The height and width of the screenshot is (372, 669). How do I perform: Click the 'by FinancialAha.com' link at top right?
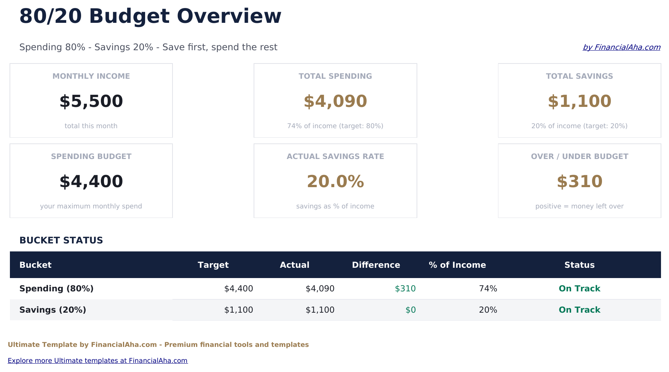621,47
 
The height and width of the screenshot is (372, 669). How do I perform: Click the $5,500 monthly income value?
91,101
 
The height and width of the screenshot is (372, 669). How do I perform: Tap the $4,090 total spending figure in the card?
335,101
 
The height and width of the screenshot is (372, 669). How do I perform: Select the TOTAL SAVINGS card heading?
579,76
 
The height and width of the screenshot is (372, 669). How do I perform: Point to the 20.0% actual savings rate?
335,181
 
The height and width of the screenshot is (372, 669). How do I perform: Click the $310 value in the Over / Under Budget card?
579,181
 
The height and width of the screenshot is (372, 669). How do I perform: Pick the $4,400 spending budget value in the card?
91,181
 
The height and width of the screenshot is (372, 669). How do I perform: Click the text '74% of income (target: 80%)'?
335,126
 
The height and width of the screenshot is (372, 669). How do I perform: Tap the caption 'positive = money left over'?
579,206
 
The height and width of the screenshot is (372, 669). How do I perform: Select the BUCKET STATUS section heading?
61,240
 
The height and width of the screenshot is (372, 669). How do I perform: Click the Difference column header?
376,265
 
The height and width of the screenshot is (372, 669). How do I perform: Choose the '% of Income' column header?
457,265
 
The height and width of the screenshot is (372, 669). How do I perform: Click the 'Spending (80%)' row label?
56,289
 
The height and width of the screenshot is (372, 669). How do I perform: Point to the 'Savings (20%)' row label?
53,310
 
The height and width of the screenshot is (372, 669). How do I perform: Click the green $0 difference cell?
410,310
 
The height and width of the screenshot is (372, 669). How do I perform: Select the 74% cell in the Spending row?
488,289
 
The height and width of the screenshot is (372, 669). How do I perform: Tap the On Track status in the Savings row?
579,310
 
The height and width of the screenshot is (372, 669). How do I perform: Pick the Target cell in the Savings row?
238,310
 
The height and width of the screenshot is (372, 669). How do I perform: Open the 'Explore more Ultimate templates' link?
97,361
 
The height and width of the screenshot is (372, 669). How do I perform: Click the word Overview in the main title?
229,16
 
